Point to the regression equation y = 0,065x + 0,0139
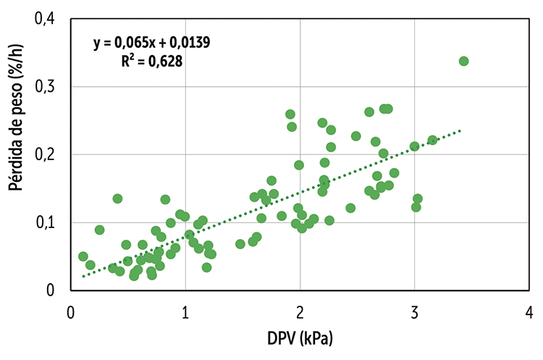(x=151, y=43)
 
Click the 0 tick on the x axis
(x=70, y=313)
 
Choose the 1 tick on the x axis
(x=185, y=313)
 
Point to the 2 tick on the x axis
(x=300, y=313)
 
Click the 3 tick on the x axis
(x=415, y=313)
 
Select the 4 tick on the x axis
(x=529, y=313)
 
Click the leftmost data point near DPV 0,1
(x=83, y=256)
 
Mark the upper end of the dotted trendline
(x=460, y=130)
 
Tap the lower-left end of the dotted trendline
(x=83, y=276)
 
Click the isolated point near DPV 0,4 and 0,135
(x=117, y=198)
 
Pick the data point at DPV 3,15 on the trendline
(x=432, y=140)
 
